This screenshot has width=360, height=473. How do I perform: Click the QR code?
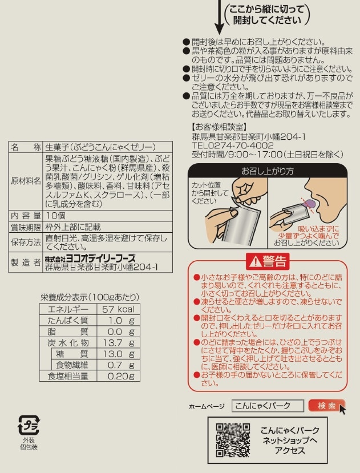click(x=233, y=440)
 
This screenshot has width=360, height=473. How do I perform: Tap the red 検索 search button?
click(x=326, y=406)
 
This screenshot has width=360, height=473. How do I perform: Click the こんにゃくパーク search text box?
click(x=268, y=406)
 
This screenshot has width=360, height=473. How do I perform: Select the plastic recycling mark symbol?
click(x=29, y=425)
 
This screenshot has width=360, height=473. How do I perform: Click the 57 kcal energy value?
click(x=118, y=309)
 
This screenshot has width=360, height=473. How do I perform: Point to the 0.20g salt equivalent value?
click(x=121, y=376)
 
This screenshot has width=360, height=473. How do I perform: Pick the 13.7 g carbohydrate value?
click(x=118, y=343)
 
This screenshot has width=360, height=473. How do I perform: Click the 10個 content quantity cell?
click(x=55, y=216)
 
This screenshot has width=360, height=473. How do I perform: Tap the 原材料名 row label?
click(x=26, y=181)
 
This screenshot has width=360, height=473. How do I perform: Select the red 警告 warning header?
click(x=268, y=261)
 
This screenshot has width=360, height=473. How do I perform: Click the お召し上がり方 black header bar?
click(x=268, y=171)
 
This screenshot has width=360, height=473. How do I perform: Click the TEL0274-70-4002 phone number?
click(x=233, y=145)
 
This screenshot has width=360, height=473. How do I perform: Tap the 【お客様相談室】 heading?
click(x=220, y=127)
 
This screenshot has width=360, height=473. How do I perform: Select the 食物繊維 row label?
click(x=72, y=365)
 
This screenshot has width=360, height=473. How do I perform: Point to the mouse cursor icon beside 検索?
click(x=342, y=410)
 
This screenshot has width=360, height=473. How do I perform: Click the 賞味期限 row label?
click(x=26, y=227)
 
